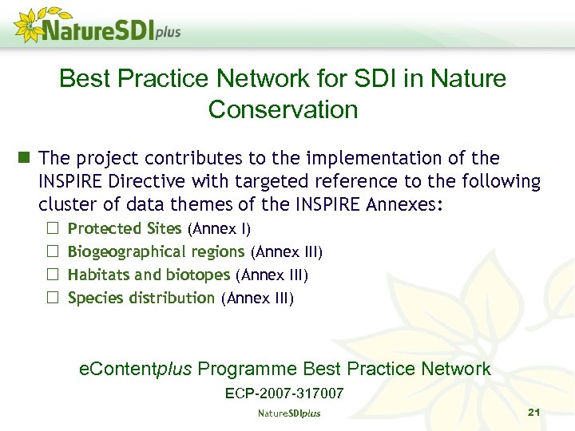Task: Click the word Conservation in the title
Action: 283,109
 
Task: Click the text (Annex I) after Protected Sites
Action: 219,229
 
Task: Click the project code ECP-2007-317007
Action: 284,393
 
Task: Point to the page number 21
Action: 534,412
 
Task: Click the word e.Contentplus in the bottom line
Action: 136,369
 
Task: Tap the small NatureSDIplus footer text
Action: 288,413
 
